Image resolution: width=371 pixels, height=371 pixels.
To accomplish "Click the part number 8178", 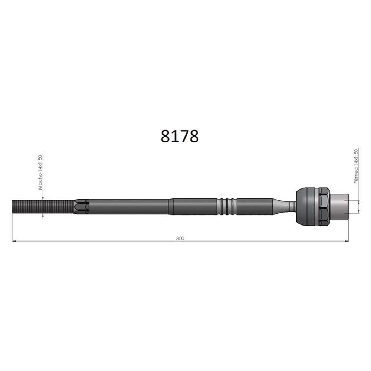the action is pyautogui.click(x=180, y=137).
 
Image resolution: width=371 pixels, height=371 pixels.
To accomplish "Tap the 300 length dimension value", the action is pyautogui.click(x=180, y=238).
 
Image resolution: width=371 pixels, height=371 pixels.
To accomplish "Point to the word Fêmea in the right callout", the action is pyautogui.click(x=356, y=175).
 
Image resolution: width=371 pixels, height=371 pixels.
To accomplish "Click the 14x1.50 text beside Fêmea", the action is pyautogui.click(x=356, y=158).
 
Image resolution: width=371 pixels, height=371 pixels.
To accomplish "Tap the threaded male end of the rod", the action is pyautogui.click(x=43, y=207).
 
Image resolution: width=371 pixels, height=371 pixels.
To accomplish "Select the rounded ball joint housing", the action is pyautogui.click(x=307, y=207).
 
